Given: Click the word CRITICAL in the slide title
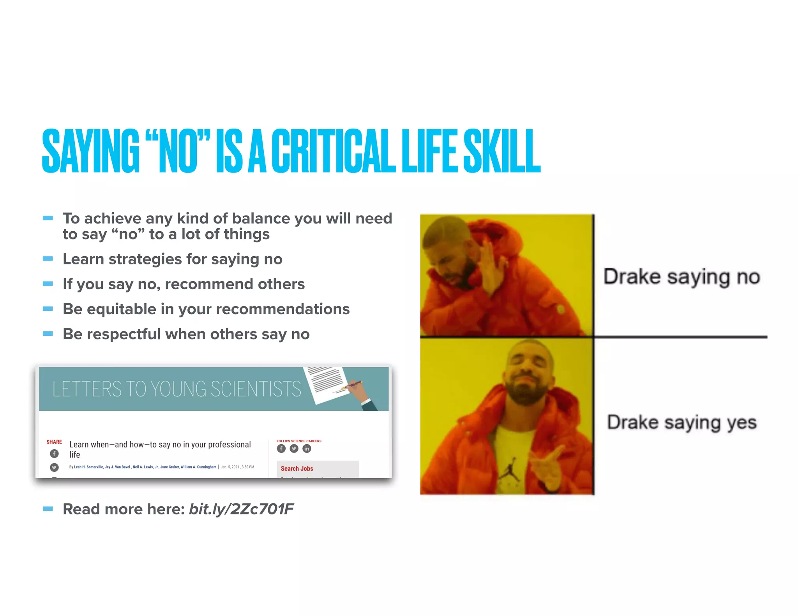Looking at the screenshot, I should coord(333,151).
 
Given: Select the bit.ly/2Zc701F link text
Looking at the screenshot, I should coord(241,509).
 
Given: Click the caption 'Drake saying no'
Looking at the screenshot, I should coord(681,277).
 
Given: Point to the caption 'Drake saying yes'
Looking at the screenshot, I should coord(681,423).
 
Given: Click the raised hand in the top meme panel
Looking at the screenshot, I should coord(492,269).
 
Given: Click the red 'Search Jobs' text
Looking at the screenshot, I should coord(297,468).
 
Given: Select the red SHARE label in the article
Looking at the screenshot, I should coord(54,442).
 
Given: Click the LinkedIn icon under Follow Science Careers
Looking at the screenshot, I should coord(307,449).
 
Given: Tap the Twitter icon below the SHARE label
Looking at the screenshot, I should coord(55,467).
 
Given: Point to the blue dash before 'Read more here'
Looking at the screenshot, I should coord(48,509).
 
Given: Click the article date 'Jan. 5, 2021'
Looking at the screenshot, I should coord(230,467).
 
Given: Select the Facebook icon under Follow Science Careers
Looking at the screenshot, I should coord(281,449).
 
